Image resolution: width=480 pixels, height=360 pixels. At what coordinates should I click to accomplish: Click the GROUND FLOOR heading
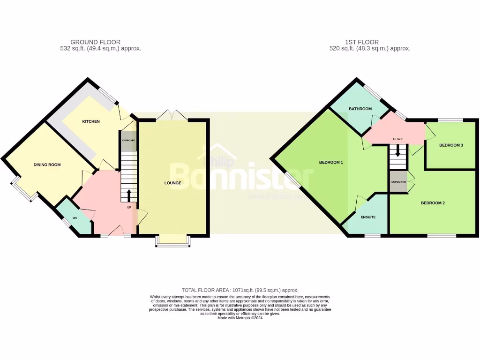pyautogui.click(x=95, y=42)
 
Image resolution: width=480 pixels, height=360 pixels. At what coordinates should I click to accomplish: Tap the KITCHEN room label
pyautogui.click(x=91, y=121)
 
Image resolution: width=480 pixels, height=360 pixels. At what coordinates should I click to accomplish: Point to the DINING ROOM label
pyautogui.click(x=47, y=165)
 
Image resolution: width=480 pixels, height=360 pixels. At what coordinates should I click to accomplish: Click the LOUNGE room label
pyautogui.click(x=173, y=183)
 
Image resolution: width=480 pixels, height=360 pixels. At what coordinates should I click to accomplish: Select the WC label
pyautogui.click(x=75, y=218)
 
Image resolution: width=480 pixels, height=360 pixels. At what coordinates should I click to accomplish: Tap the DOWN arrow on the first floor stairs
pyautogui.click(x=398, y=151)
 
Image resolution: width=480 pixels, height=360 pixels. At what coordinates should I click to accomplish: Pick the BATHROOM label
pyautogui.click(x=360, y=109)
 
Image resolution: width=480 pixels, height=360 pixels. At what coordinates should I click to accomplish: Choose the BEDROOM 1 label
pyautogui.click(x=331, y=163)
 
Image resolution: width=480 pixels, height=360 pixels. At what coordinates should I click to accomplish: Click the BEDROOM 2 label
pyautogui.click(x=433, y=203)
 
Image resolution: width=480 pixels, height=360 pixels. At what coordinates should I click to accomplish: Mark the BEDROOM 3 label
pyautogui.click(x=451, y=145)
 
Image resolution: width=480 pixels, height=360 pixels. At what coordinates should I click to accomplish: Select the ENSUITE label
pyautogui.click(x=368, y=217)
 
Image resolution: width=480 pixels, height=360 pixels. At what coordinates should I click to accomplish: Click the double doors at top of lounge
pyautogui.click(x=173, y=114)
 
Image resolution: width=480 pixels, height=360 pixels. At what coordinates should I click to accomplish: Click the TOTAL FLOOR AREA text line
pyautogui.click(x=240, y=290)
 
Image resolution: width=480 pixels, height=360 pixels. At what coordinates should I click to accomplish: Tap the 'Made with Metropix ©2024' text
pyautogui.click(x=240, y=318)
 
